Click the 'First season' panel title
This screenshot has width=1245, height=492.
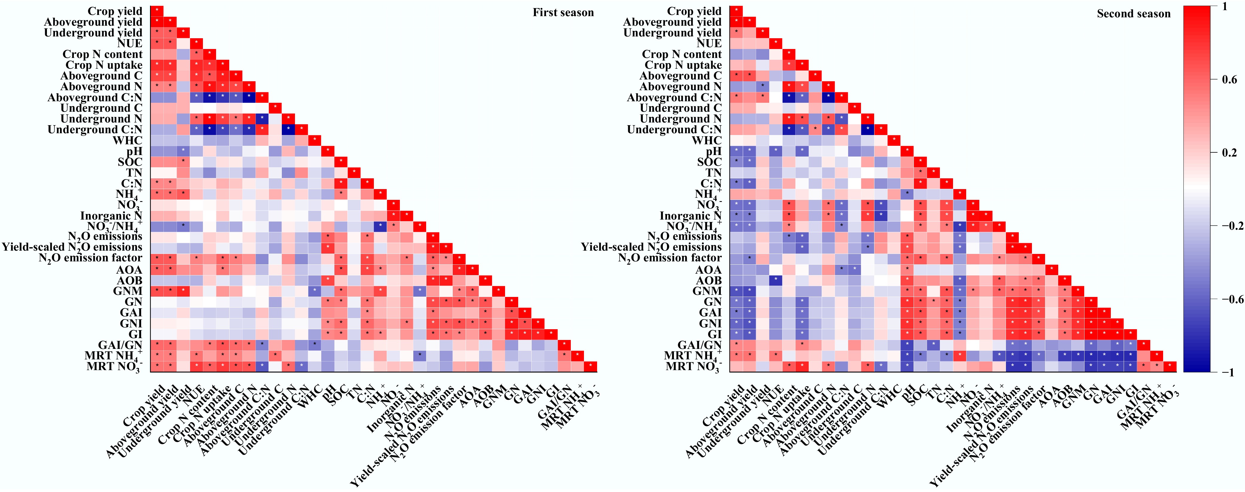(563, 13)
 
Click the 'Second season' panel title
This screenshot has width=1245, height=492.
(1133, 13)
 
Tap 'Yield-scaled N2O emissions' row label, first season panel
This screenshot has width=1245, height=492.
(72, 247)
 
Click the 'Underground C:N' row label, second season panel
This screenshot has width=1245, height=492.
(674, 130)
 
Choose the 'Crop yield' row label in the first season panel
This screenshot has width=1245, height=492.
(115, 11)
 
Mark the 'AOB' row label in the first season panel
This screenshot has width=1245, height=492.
(129, 280)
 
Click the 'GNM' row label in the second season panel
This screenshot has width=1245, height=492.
(707, 291)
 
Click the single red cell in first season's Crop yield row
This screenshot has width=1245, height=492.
(157, 11)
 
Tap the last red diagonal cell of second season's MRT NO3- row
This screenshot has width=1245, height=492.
(1170, 366)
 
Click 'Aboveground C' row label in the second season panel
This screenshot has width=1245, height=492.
(680, 76)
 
